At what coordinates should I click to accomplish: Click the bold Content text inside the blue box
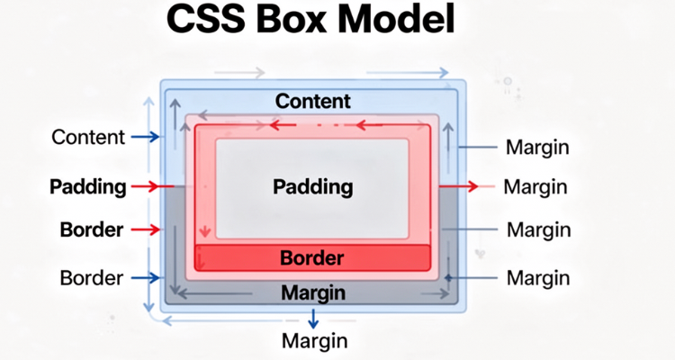[x=312, y=102]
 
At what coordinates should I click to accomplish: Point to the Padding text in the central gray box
[x=312, y=187]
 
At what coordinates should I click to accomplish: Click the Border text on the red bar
[x=312, y=258]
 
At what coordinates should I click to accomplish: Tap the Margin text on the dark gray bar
[x=312, y=292]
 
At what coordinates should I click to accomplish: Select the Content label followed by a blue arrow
[x=87, y=138]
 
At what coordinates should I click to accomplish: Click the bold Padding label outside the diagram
[x=87, y=187]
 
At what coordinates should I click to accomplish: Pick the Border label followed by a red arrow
[x=91, y=230]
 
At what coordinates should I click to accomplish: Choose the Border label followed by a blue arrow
[x=91, y=277]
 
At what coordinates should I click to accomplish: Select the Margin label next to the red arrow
[x=535, y=187]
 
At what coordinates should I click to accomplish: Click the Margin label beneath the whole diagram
[x=314, y=341]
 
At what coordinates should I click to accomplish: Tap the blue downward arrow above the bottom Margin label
[x=313, y=318]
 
